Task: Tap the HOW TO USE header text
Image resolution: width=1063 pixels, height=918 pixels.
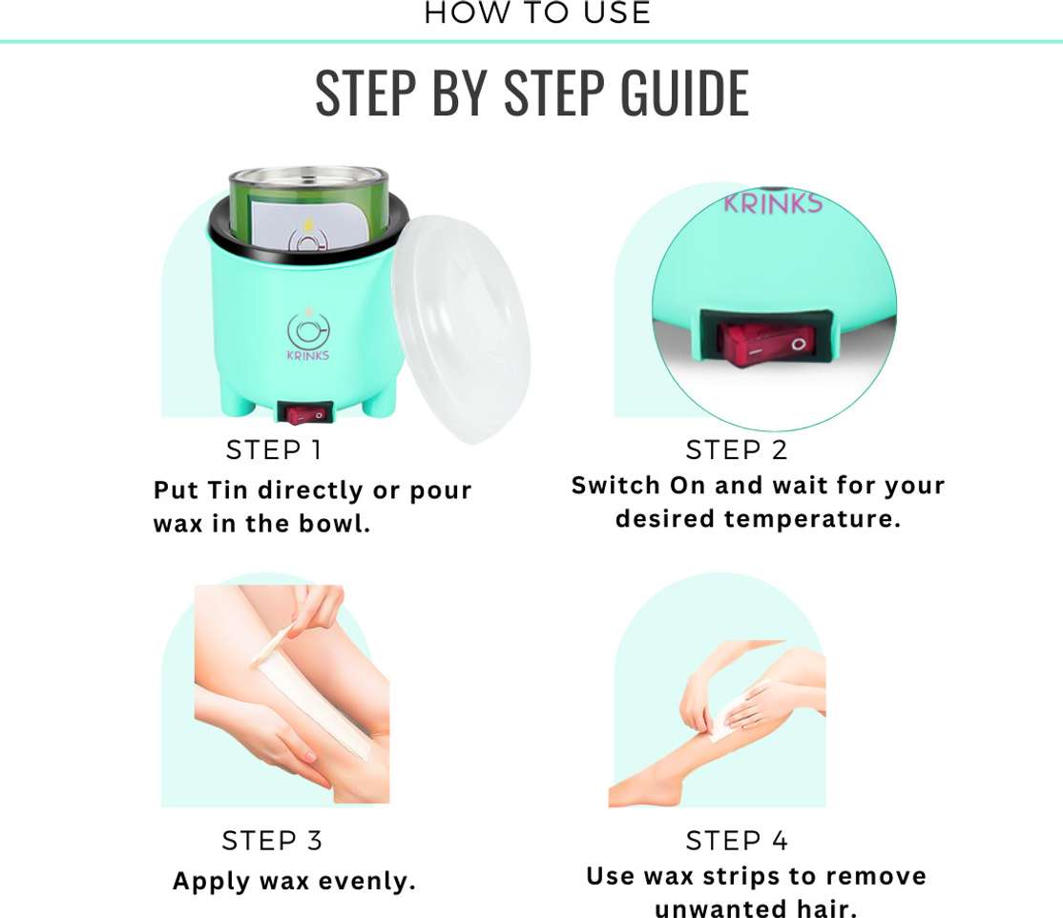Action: pyautogui.click(x=537, y=13)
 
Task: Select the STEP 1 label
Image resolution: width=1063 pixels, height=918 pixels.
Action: pyautogui.click(x=274, y=449)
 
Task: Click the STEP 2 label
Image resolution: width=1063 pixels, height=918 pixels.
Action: pyautogui.click(x=737, y=449)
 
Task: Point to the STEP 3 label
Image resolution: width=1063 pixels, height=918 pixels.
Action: pyautogui.click(x=272, y=841)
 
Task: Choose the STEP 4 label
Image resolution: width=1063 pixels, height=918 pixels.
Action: pyautogui.click(x=737, y=841)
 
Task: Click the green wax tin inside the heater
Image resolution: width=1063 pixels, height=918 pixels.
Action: pyautogui.click(x=308, y=207)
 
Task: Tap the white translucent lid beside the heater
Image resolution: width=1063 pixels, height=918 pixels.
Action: pyautogui.click(x=462, y=329)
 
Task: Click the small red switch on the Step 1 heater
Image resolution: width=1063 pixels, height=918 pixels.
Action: pyautogui.click(x=304, y=413)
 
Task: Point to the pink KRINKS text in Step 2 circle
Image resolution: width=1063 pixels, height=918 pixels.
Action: pyautogui.click(x=773, y=202)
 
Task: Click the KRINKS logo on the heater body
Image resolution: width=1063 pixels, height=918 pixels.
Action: pyautogui.click(x=308, y=336)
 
